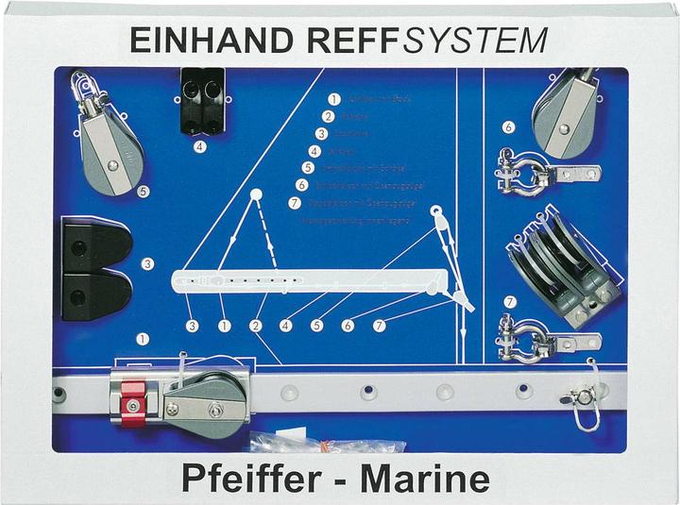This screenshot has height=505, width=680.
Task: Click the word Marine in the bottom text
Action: (x=430, y=479)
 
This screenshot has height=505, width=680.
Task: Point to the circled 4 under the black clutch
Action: (x=200, y=146)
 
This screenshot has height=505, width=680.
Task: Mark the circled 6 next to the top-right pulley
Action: (x=508, y=126)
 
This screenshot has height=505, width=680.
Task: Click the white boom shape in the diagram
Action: (x=312, y=281)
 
